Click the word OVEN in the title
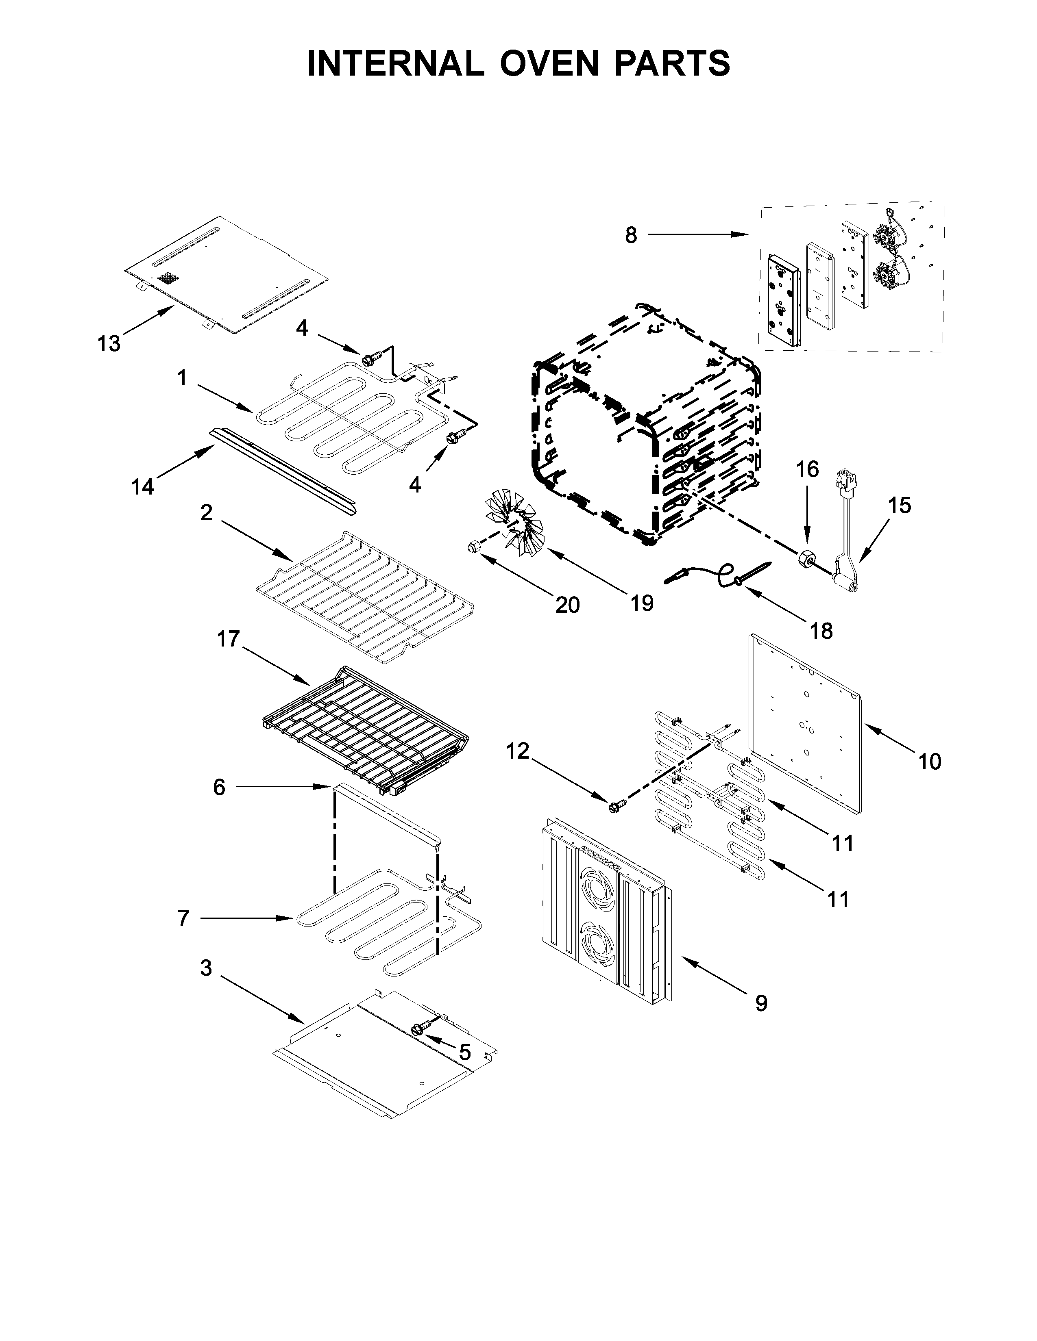pos(549,63)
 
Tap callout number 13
pos(109,343)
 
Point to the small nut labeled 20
pos(473,545)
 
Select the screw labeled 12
pos(616,805)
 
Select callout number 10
pos(930,762)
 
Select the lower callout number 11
pos(838,900)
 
